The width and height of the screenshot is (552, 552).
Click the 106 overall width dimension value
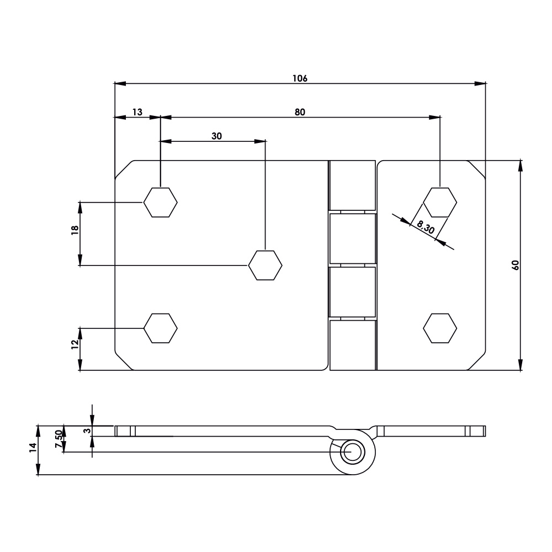click(x=300, y=78)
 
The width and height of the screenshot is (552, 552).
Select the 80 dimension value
click(x=300, y=112)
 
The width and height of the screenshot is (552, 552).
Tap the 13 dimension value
click(x=137, y=112)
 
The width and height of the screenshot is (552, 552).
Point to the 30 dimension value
click(x=217, y=136)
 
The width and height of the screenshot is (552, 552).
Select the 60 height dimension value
click(x=516, y=264)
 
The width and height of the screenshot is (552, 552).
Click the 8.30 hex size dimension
click(x=426, y=227)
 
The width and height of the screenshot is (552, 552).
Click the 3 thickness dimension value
click(x=86, y=431)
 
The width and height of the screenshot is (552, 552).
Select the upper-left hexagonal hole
click(x=160, y=202)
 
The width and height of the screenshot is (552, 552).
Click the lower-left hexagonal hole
click(x=160, y=328)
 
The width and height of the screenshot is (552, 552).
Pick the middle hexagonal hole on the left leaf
click(x=265, y=266)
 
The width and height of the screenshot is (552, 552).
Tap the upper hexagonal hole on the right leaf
click(x=440, y=202)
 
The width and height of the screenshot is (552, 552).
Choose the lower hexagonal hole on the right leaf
click(x=440, y=328)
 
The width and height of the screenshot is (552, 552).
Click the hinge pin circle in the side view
click(x=352, y=452)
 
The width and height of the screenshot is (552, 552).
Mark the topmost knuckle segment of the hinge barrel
click(x=352, y=185)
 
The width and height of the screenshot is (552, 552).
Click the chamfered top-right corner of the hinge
click(x=476, y=169)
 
